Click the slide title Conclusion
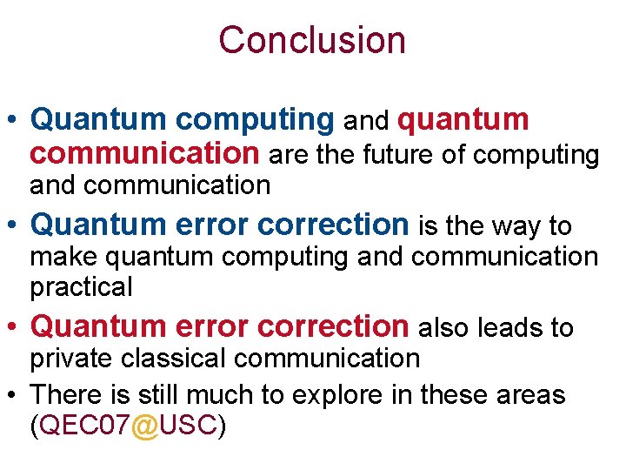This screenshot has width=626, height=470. (x=312, y=40)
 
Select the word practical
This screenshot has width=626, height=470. (x=81, y=286)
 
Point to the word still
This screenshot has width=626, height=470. (x=157, y=394)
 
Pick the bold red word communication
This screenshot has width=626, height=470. (x=144, y=153)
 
